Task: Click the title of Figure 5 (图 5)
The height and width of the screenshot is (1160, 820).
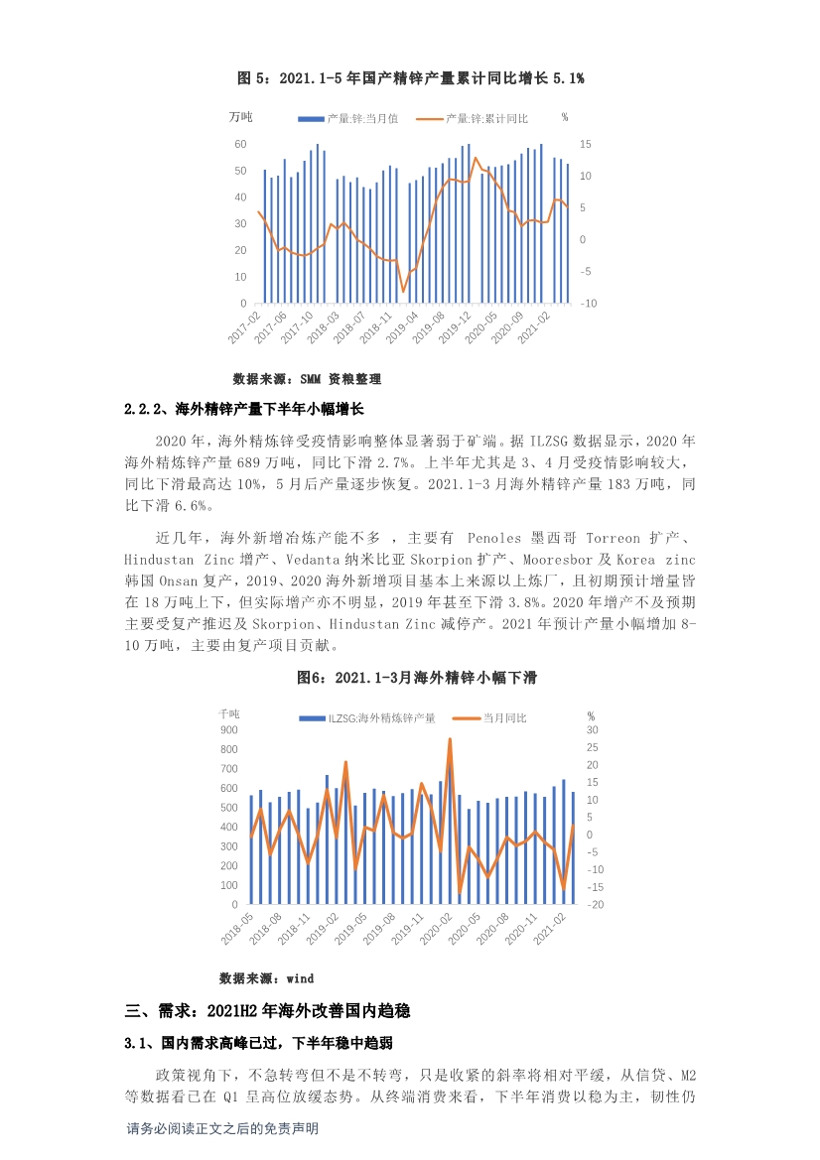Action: pyautogui.click(x=411, y=77)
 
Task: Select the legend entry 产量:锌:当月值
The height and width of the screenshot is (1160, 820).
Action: pyautogui.click(x=360, y=118)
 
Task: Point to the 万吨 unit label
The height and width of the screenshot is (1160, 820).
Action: pyautogui.click(x=240, y=117)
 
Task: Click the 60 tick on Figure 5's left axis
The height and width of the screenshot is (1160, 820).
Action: pyautogui.click(x=240, y=144)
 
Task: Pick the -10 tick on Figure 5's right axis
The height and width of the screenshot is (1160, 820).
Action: pyautogui.click(x=589, y=304)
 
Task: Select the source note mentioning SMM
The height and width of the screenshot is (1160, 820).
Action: pyautogui.click(x=307, y=379)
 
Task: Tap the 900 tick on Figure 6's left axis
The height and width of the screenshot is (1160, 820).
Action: pyautogui.click(x=229, y=730)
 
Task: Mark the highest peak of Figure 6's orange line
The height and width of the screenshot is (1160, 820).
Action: pyautogui.click(x=450, y=739)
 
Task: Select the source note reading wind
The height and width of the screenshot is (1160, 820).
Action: pyautogui.click(x=252, y=978)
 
